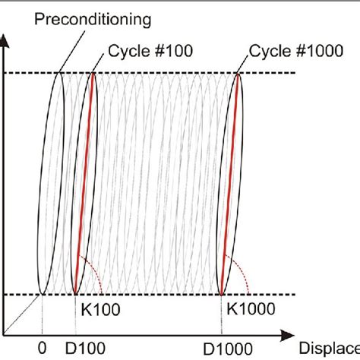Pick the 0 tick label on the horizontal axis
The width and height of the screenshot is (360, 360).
pyautogui.click(x=42, y=348)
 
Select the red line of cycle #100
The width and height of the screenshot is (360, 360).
pyautogui.click(x=84, y=182)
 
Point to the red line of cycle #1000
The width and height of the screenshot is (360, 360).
pyautogui.click(x=230, y=182)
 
